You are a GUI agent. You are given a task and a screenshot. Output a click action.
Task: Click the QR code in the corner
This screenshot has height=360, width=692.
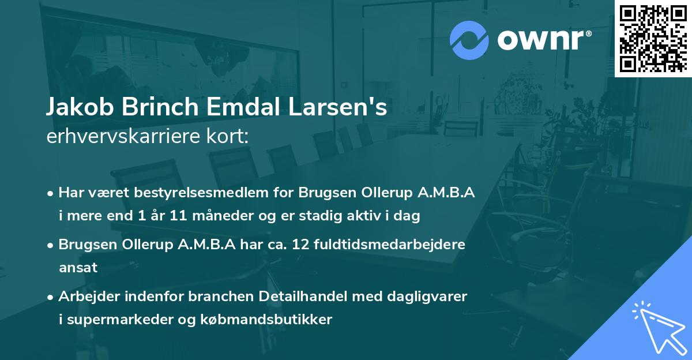click(x=653, y=38)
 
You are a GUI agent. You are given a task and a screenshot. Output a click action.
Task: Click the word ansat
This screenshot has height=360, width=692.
click(x=78, y=268)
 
